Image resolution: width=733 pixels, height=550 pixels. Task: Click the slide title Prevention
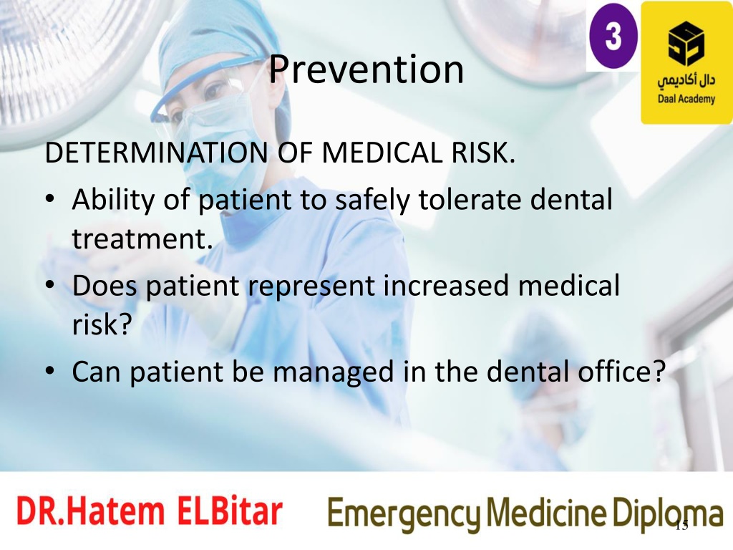tap(366, 69)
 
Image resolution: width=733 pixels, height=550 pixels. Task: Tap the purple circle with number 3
tap(613, 36)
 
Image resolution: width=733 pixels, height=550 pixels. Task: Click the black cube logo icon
tap(686, 44)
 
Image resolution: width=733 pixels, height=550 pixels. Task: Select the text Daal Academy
tap(686, 99)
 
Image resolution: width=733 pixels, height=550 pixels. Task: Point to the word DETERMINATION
tap(157, 153)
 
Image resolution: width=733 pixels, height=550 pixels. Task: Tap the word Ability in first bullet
tap(114, 201)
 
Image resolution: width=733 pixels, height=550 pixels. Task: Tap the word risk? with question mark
tap(102, 324)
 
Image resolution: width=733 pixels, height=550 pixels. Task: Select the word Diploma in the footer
tap(668, 513)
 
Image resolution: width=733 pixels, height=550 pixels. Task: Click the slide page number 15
tap(682, 526)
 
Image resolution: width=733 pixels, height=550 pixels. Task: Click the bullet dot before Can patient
tap(50, 372)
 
